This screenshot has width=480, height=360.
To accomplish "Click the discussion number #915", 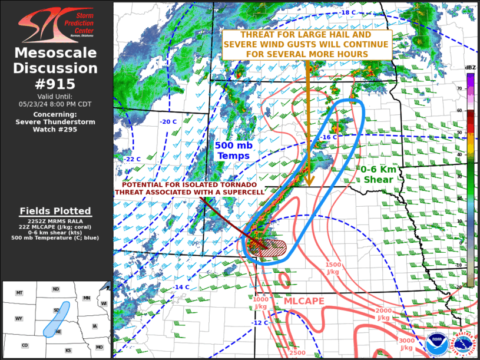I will [56, 83].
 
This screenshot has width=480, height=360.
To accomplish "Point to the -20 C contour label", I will [168, 122].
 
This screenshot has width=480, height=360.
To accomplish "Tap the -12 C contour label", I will [260, 322].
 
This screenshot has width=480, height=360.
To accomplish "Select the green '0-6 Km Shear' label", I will [378, 174].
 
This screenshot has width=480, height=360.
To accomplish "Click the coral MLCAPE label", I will [304, 301].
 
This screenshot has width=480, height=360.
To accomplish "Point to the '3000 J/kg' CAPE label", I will [405, 344].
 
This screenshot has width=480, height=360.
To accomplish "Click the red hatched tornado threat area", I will [268, 247].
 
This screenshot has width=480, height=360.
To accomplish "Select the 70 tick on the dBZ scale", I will [459, 88].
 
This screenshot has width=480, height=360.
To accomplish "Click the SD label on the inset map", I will [56, 310].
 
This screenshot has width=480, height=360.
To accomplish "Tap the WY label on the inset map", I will [19, 318].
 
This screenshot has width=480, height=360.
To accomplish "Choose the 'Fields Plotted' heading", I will [56, 211].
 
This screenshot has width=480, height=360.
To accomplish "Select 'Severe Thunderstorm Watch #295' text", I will [56, 121].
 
